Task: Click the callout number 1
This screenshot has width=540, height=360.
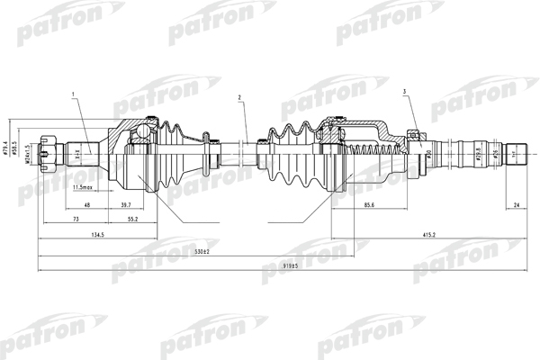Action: (x=73, y=94)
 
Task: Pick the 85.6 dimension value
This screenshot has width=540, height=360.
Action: (x=370, y=206)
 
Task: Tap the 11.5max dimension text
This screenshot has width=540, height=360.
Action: (x=85, y=188)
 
